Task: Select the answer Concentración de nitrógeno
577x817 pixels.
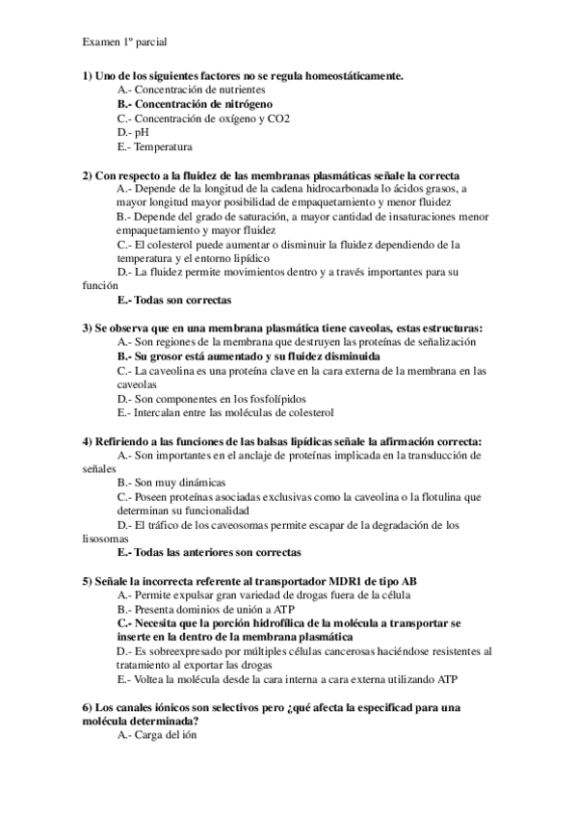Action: [x=195, y=103]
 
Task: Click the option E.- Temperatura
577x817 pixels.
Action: [x=154, y=146]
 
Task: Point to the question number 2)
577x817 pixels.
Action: [x=87, y=175]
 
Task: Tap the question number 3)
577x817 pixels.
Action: [x=87, y=329]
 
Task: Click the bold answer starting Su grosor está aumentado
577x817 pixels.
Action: [x=249, y=356]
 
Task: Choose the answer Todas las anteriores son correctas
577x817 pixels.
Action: [x=208, y=553]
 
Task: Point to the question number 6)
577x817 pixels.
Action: [x=87, y=708]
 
